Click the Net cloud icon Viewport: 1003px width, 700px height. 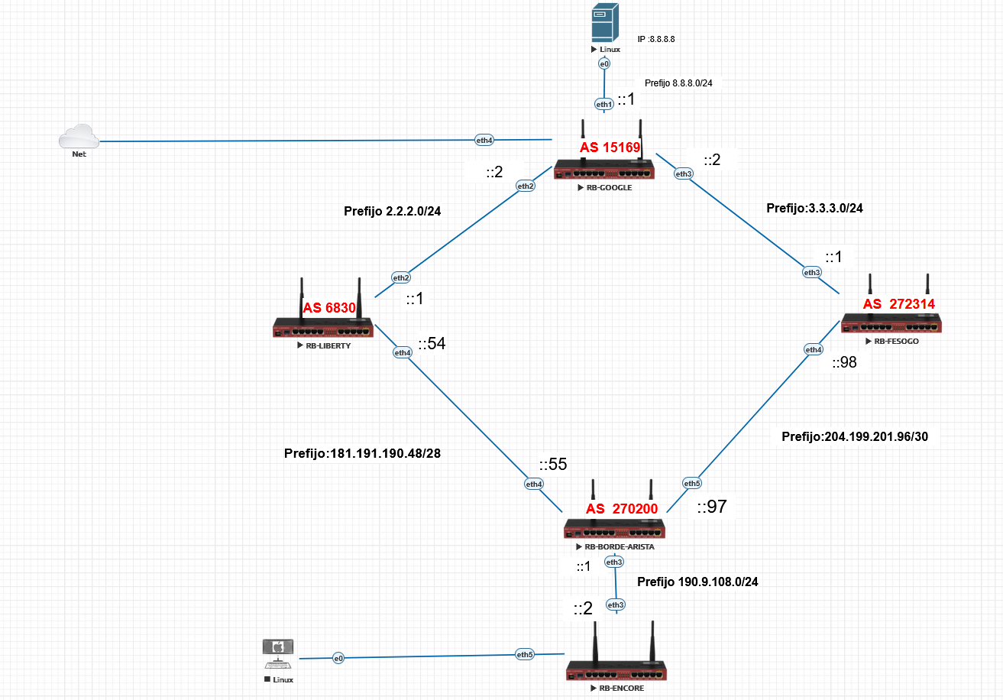click(x=79, y=138)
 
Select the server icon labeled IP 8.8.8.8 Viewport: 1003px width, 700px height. click(x=603, y=22)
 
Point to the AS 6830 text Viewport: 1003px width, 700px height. click(x=329, y=308)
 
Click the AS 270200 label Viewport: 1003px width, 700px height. click(x=621, y=510)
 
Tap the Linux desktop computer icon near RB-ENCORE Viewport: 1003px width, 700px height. click(x=278, y=653)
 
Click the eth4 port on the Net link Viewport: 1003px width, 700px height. click(x=484, y=140)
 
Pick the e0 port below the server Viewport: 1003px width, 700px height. click(x=603, y=64)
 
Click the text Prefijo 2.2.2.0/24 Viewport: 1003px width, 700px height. click(x=393, y=211)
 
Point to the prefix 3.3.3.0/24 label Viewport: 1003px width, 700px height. click(x=814, y=207)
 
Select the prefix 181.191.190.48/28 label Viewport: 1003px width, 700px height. click(x=362, y=453)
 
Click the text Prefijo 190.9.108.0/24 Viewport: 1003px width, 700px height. click(x=697, y=582)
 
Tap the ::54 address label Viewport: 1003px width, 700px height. click(x=431, y=344)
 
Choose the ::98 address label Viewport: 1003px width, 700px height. click(x=844, y=363)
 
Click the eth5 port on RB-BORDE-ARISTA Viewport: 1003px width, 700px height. click(x=691, y=483)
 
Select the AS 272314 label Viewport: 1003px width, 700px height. click(x=898, y=304)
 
